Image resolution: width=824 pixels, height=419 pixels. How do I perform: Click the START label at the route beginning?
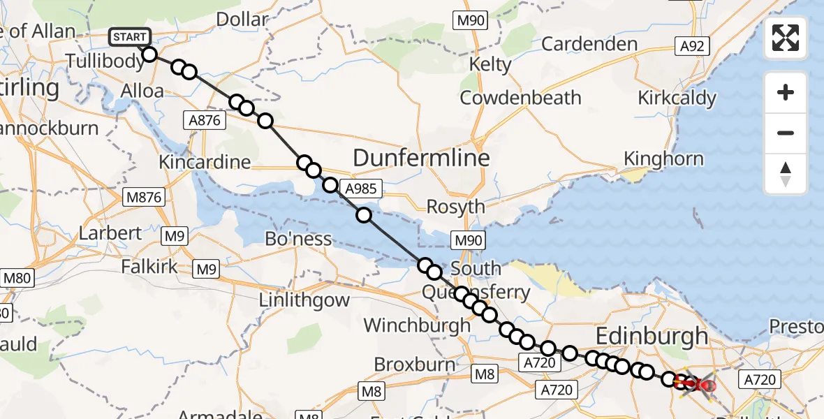coord(129,37)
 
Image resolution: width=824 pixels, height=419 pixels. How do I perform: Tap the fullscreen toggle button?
coord(786,38)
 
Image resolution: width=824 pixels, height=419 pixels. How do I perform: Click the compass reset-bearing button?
coord(786,174)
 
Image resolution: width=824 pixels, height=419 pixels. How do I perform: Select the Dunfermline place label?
coord(421,158)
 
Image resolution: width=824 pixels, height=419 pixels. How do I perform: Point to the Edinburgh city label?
coord(651,337)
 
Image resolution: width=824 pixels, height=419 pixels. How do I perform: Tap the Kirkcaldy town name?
coord(677,98)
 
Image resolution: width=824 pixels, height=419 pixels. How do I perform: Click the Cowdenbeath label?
coord(520,98)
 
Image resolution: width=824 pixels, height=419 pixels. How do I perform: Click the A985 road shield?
coord(363,187)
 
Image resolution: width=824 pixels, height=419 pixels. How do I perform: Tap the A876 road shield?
coord(204,120)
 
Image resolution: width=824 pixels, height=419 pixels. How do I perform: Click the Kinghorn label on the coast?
coord(663,159)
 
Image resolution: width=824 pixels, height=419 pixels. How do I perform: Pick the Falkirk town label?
coord(149,267)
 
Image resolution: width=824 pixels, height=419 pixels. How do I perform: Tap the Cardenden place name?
coord(589,45)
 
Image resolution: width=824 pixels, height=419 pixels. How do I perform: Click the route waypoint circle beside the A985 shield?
coord(330,185)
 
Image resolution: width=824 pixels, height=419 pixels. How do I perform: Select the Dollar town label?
coord(242,19)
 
